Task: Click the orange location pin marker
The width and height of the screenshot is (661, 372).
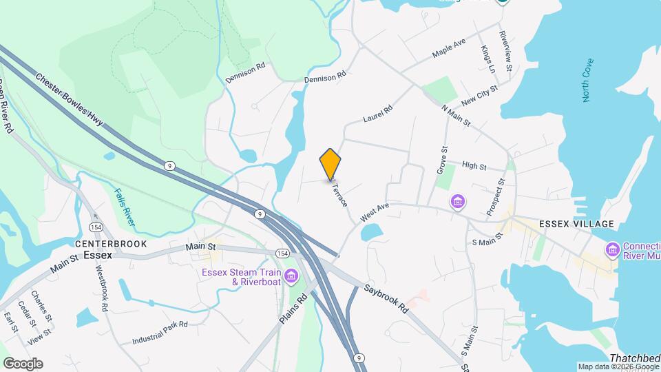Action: (330, 164)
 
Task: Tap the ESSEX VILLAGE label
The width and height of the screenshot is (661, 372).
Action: (576, 224)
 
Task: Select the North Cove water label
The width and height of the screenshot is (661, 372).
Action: (588, 81)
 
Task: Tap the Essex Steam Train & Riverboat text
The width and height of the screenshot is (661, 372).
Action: (241, 276)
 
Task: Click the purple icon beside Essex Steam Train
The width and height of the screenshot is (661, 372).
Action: (292, 277)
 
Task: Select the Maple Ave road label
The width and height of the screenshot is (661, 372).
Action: (449, 48)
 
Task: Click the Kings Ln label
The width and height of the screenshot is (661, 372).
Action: (488, 60)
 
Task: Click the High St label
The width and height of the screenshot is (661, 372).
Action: (474, 166)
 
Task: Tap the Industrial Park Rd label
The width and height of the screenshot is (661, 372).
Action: (160, 333)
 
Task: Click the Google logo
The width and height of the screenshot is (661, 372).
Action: (23, 363)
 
